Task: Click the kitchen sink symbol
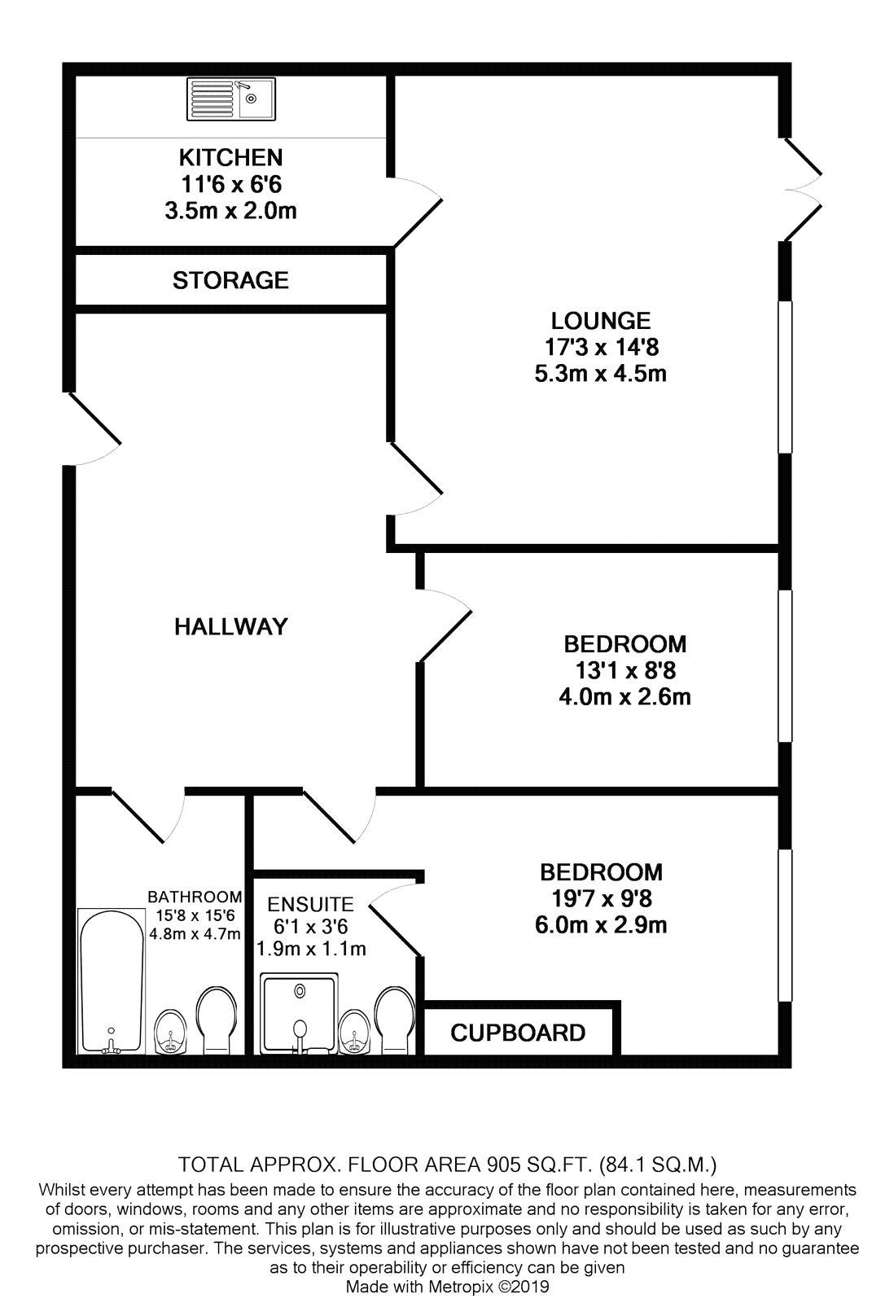click(231, 99)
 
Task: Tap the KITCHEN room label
click(231, 158)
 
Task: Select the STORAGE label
click(231, 280)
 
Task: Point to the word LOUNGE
click(601, 321)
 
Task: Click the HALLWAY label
click(231, 626)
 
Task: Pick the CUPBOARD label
click(518, 1033)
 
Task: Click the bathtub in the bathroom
click(111, 981)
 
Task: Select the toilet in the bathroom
click(217, 1020)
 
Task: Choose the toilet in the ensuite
click(395, 1020)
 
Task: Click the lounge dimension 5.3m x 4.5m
click(601, 374)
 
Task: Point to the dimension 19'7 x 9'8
click(602, 899)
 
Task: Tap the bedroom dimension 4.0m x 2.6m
click(624, 696)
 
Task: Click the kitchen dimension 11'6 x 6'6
click(231, 184)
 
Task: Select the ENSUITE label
click(311, 905)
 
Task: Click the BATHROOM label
click(195, 897)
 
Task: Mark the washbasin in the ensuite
click(354, 1031)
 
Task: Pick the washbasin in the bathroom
click(170, 1031)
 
